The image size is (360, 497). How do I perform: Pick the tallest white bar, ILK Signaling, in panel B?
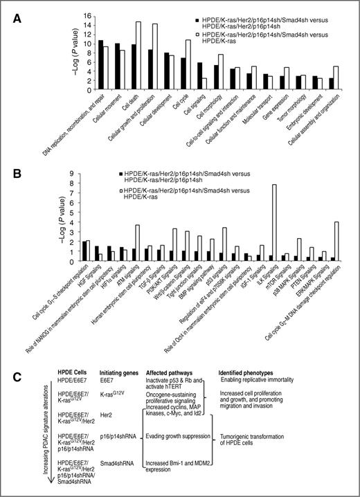click(274, 222)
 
